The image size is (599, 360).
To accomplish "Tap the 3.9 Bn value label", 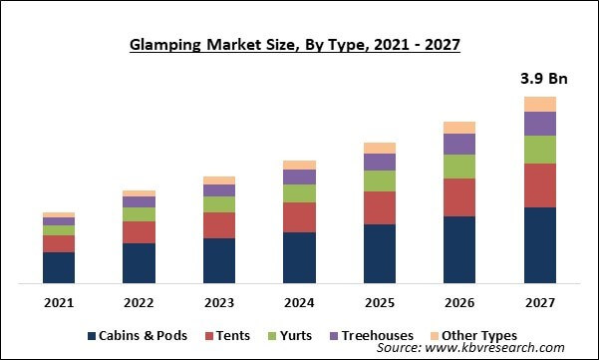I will coord(538,78).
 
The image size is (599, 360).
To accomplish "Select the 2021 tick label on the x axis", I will coord(59,301).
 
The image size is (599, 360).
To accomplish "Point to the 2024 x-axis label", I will coord(299,301).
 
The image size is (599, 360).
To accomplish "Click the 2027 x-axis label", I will coord(539,301).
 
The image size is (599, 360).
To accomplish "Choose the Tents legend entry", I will coord(226,336).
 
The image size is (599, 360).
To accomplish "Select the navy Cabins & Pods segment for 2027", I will coord(539,245).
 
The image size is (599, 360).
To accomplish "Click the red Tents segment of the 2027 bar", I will coord(539,185).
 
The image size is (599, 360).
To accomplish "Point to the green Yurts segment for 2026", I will coord(459,167).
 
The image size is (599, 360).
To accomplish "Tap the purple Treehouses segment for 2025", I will coord(379,162).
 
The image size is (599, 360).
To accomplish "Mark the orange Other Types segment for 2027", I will coord(539,104).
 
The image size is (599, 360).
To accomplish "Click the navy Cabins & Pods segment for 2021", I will coord(59,267).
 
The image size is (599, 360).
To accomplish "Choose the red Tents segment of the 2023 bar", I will coord(219,225).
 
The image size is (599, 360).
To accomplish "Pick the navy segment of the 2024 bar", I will coord(299,257).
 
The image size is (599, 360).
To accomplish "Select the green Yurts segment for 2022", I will coord(139,214).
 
